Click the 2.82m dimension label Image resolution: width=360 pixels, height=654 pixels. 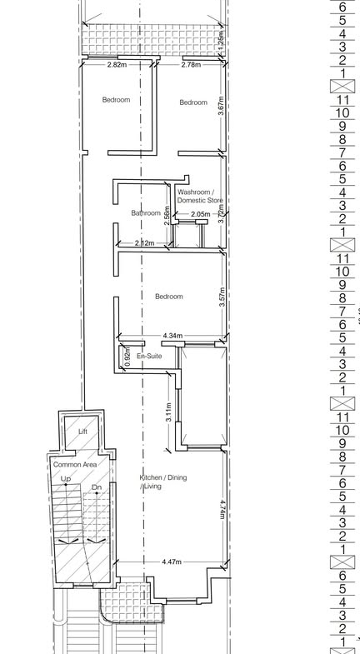[x=117, y=65]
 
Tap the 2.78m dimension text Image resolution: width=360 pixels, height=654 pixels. [x=191, y=65]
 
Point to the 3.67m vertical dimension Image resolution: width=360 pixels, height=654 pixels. [x=222, y=106]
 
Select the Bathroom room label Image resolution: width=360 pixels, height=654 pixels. [x=146, y=212]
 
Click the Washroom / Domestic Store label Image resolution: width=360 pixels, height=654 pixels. [x=200, y=196]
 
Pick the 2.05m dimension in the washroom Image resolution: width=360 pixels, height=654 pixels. [x=201, y=214]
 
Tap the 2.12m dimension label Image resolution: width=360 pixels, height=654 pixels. [x=144, y=242]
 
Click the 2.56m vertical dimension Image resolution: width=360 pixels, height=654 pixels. [x=167, y=216]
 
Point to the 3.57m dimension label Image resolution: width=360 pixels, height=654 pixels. [x=222, y=297]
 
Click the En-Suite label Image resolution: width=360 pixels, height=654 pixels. [x=149, y=357]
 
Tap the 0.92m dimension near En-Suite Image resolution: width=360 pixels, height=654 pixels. [x=127, y=357]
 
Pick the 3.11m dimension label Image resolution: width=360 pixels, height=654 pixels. [x=168, y=412]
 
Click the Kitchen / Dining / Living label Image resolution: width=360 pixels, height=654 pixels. [x=163, y=482]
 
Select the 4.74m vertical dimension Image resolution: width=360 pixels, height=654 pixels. [x=222, y=509]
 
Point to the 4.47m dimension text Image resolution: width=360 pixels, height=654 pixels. [x=172, y=562]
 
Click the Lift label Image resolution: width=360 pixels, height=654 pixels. [x=83, y=432]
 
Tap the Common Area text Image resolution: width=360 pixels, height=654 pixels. [x=75, y=464]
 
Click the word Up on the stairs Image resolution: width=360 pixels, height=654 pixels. [x=66, y=479]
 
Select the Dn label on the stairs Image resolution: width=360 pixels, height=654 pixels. [x=97, y=487]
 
